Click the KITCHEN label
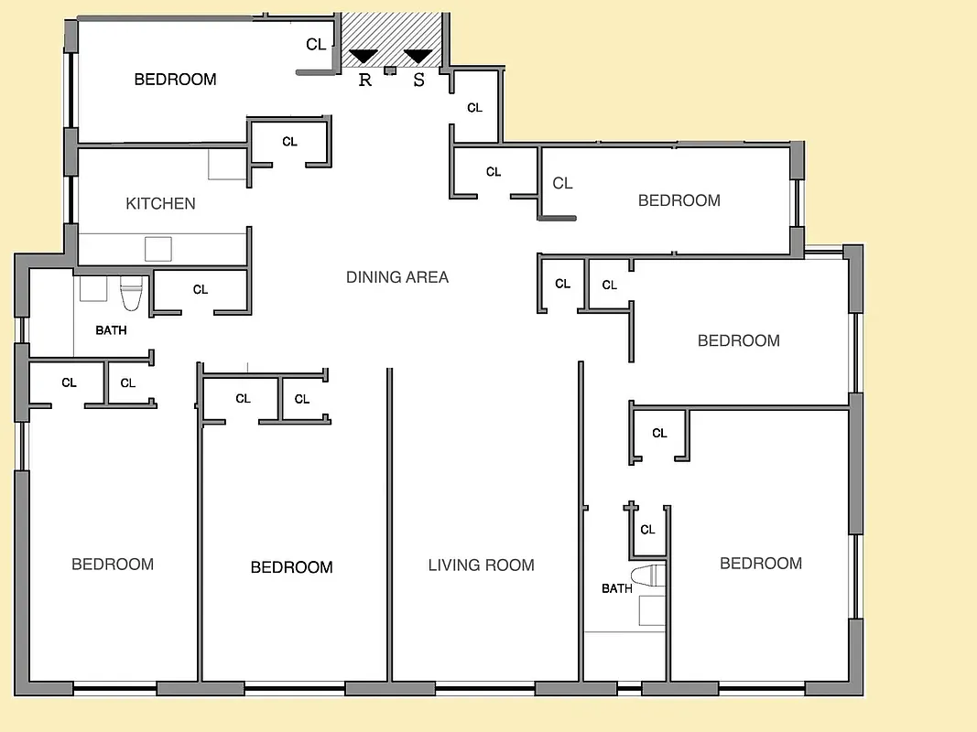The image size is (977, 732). click(x=160, y=203)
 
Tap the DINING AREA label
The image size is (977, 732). click(x=397, y=276)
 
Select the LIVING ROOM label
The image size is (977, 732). click(x=481, y=565)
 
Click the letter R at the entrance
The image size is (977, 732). click(x=364, y=80)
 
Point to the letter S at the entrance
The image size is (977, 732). click(x=419, y=80)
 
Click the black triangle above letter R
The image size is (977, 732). click(x=364, y=57)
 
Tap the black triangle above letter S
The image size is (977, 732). click(x=418, y=57)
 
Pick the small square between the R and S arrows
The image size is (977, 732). click(x=390, y=70)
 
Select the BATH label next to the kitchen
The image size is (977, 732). click(x=111, y=330)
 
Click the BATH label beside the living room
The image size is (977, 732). click(x=616, y=588)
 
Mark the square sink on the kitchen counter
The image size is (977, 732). click(x=158, y=249)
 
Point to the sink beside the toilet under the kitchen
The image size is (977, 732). click(x=93, y=289)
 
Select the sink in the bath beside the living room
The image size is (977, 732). click(x=651, y=610)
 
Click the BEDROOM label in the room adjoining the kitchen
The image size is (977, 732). click(x=175, y=80)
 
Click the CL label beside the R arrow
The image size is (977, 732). click(x=316, y=44)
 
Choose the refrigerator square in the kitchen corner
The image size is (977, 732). click(x=227, y=164)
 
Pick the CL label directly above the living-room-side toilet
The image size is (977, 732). click(x=647, y=530)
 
